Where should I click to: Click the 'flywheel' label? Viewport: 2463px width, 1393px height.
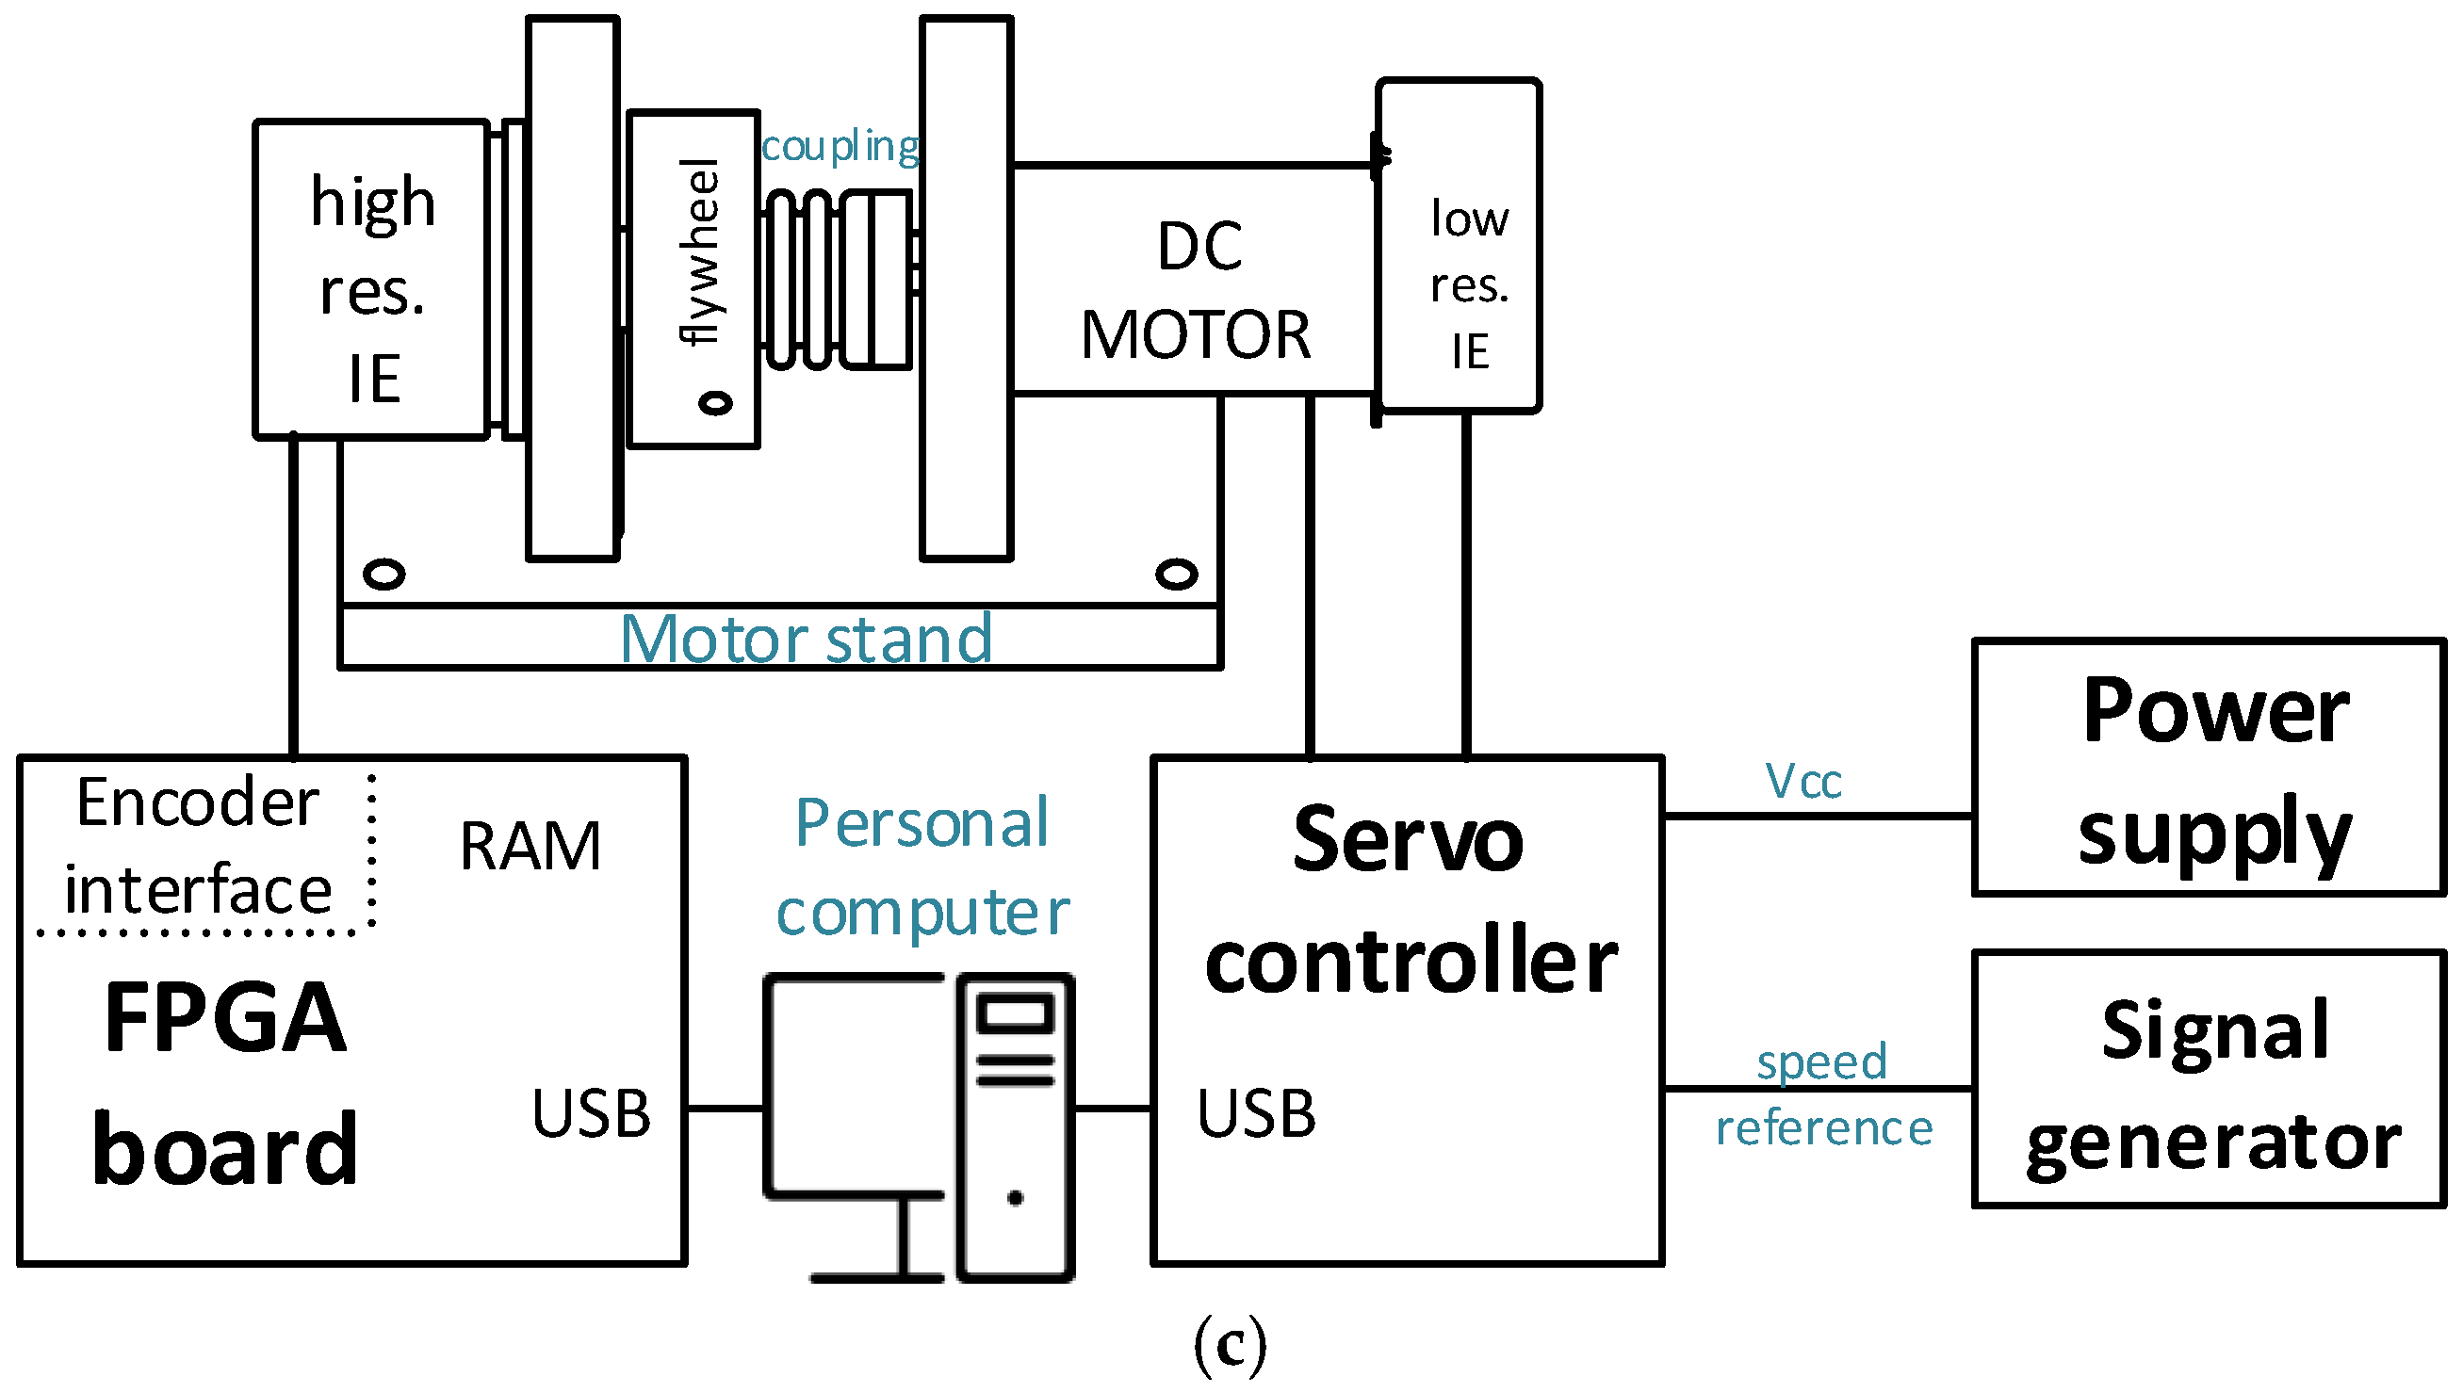pos(699,251)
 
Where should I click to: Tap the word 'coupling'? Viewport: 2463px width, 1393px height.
pos(840,146)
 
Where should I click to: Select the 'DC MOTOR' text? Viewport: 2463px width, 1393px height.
pos(1196,290)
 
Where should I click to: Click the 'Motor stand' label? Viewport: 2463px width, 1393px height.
pos(806,639)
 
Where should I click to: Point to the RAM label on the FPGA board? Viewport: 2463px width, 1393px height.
pos(530,847)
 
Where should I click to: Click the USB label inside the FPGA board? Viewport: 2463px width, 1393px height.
pos(591,1113)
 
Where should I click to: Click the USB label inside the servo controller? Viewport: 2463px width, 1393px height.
pos(1255,1113)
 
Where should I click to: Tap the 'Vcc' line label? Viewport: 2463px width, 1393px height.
pos(1802,782)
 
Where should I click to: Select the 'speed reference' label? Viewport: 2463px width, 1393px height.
pos(1823,1094)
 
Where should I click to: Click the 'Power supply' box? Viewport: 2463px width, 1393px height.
pos(2209,768)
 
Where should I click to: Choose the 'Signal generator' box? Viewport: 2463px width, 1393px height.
pos(2209,1080)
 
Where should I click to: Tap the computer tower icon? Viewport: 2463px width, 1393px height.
pos(1015,1127)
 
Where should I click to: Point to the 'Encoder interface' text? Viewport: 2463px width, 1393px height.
pos(198,847)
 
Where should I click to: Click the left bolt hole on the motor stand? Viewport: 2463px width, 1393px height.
pos(384,574)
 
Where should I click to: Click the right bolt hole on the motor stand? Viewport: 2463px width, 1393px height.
pos(1176,574)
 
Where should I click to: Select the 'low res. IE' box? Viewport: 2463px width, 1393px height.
pos(1460,247)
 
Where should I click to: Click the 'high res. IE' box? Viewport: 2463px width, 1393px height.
pos(372,280)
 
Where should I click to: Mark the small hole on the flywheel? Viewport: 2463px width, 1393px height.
pos(715,403)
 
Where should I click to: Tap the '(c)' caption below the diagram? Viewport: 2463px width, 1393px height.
pos(1230,1343)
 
